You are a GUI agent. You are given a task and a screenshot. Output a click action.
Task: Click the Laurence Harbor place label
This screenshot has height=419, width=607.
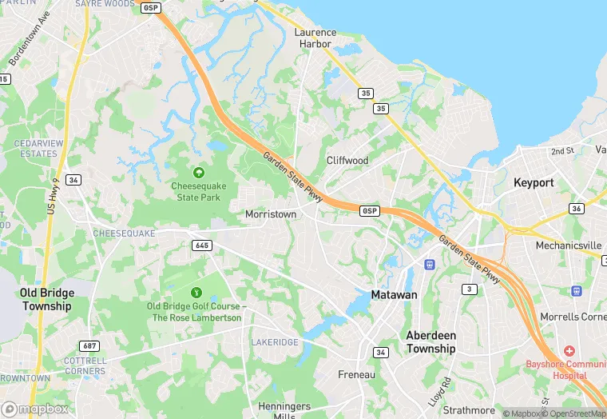point(315,38)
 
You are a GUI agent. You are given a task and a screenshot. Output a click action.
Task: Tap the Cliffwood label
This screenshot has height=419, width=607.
point(347,161)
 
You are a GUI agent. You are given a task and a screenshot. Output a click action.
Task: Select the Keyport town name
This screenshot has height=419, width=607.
point(534,183)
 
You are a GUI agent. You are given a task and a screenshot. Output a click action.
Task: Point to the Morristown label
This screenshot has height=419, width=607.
point(271,215)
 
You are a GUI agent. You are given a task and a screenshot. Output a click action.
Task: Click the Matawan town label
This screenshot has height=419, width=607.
point(394,295)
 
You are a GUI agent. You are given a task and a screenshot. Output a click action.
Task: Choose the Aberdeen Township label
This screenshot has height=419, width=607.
point(430,342)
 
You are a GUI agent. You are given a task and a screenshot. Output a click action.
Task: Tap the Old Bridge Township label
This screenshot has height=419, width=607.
point(46,299)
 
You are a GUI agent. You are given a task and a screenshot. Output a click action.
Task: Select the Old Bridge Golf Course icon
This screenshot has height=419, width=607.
point(196,290)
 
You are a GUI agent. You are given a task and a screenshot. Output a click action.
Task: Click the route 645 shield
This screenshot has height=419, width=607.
point(202,245)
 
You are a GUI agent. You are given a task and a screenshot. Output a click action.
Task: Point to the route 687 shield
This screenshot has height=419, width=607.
point(89,345)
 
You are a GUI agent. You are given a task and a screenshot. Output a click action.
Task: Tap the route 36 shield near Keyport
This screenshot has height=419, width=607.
point(576,209)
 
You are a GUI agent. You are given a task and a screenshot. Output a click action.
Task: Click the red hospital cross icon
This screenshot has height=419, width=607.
point(569,351)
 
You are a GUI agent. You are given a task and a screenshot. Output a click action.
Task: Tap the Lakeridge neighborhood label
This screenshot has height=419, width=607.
point(274,342)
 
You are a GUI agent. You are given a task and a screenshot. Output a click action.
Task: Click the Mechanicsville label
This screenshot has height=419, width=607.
point(568,245)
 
